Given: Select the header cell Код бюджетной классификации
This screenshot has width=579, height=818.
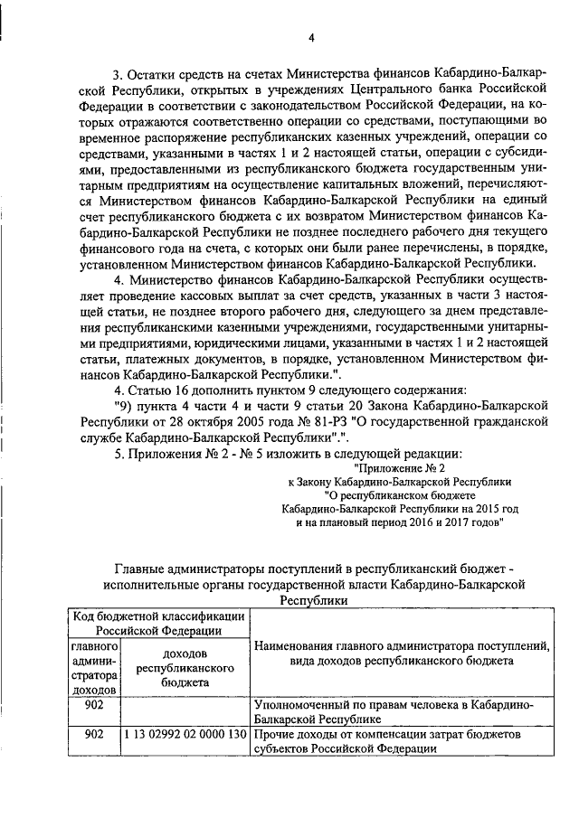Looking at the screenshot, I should point(157,624).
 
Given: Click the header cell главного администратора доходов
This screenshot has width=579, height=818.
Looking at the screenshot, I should point(94,670).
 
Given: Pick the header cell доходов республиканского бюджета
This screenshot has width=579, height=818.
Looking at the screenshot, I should point(185,669).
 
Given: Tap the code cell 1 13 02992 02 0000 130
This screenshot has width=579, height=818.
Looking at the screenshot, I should point(185,735).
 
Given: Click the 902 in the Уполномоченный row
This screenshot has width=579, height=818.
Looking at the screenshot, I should point(94,704).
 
